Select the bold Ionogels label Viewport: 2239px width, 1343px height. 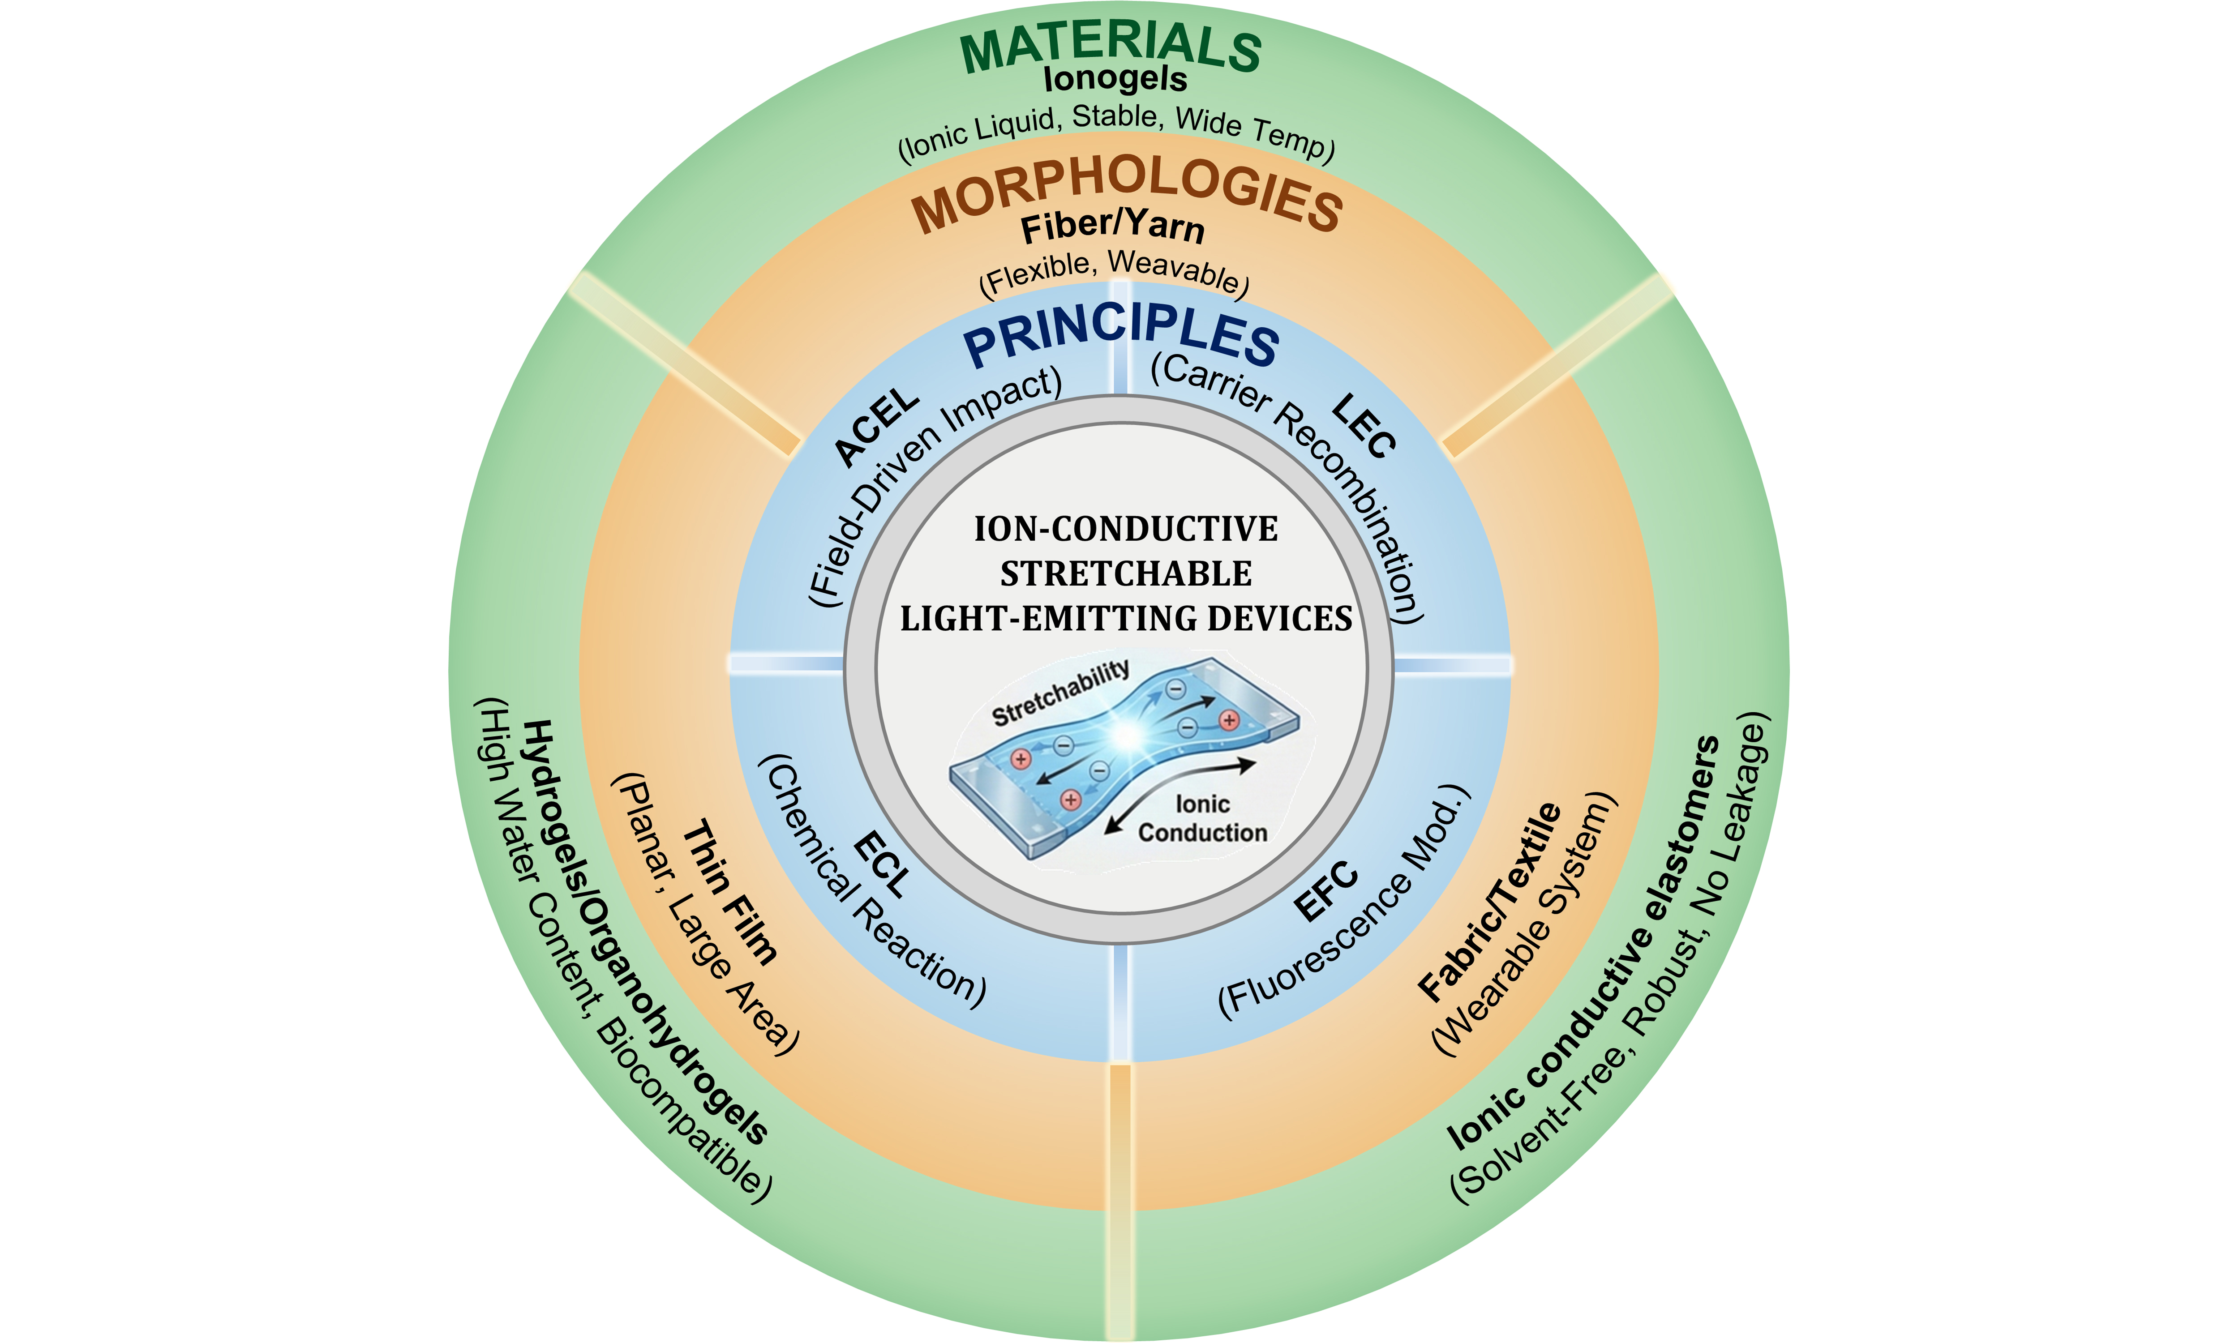pos(1115,80)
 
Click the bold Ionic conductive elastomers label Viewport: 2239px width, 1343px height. pos(1584,941)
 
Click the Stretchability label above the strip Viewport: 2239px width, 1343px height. pos(1061,692)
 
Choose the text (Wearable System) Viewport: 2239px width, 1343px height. pos(1525,923)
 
